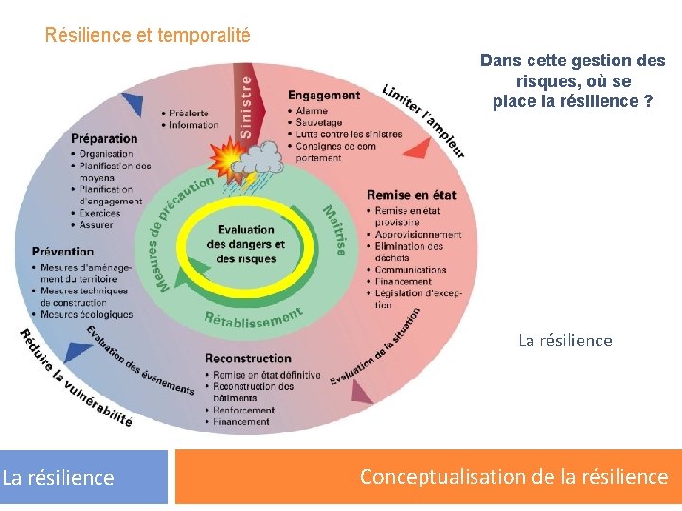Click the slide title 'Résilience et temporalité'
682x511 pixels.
coord(148,36)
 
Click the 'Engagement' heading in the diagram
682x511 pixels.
coord(324,95)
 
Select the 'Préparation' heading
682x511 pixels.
coord(103,138)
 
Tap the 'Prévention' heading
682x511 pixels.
coord(63,252)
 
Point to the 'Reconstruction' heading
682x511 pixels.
coord(248,359)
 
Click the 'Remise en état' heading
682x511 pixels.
coord(411,195)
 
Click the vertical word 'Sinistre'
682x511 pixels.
coord(247,107)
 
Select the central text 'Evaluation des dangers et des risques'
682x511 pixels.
coord(245,244)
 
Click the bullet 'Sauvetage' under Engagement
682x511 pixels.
coord(318,123)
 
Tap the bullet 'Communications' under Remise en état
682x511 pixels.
coord(410,270)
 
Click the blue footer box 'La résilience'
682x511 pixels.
coord(59,478)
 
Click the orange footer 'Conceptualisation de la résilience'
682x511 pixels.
coord(513,477)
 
